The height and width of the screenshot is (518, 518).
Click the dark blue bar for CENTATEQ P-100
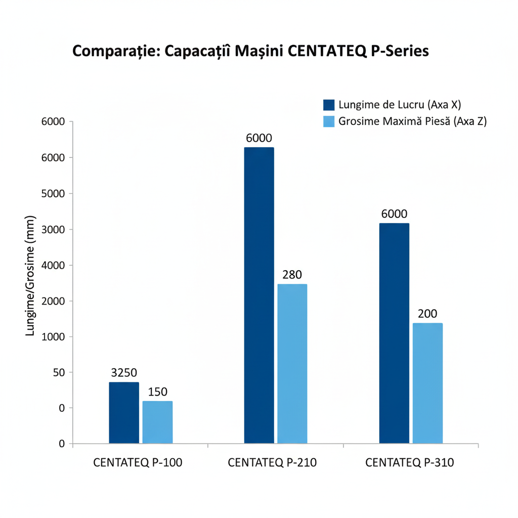124,413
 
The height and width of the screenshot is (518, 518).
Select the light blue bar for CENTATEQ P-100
157,422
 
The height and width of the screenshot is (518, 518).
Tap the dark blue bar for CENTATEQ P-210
259,295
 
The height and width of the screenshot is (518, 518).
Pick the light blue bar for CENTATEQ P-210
292,364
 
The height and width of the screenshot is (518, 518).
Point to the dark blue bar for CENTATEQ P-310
394,333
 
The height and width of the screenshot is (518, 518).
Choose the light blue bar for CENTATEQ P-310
427,383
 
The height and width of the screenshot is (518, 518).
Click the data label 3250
124,373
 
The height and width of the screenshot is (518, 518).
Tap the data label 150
157,392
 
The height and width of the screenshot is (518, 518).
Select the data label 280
292,275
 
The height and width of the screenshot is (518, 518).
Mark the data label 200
427,314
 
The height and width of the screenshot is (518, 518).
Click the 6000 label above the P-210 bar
259,138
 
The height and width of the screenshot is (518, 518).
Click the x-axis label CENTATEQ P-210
272,463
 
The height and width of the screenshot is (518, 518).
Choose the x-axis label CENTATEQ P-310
409,463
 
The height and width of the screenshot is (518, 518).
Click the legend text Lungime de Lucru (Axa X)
400,105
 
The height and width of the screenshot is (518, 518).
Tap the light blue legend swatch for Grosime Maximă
329,121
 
